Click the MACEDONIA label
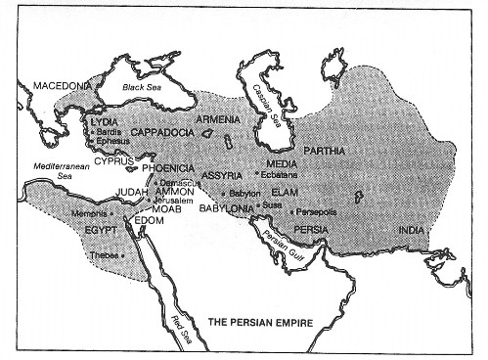[x=62, y=86]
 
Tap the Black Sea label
[x=144, y=87]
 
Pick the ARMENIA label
[x=217, y=119]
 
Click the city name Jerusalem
[x=175, y=200]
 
